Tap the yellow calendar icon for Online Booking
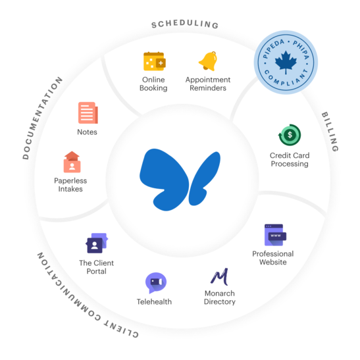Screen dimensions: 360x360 coord(155,61)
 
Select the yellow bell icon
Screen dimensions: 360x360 coord(208,61)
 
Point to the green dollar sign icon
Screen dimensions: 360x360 coord(290,135)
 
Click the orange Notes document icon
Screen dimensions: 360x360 coord(88,113)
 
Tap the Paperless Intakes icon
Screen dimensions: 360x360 coord(72,162)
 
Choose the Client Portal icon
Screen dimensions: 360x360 coord(97,243)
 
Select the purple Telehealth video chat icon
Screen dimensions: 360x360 coord(156,282)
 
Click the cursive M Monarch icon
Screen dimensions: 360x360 coord(220,276)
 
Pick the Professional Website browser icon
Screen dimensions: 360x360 coord(275,235)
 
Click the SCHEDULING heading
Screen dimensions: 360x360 coord(185,24)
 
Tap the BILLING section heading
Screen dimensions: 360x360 coord(330,132)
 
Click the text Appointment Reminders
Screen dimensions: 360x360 coord(208,84)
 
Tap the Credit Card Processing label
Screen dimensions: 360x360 coord(290,159)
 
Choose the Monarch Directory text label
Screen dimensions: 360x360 coord(220,297)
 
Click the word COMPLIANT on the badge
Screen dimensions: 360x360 coord(286,78)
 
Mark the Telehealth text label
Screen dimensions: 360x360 coord(154,301)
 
